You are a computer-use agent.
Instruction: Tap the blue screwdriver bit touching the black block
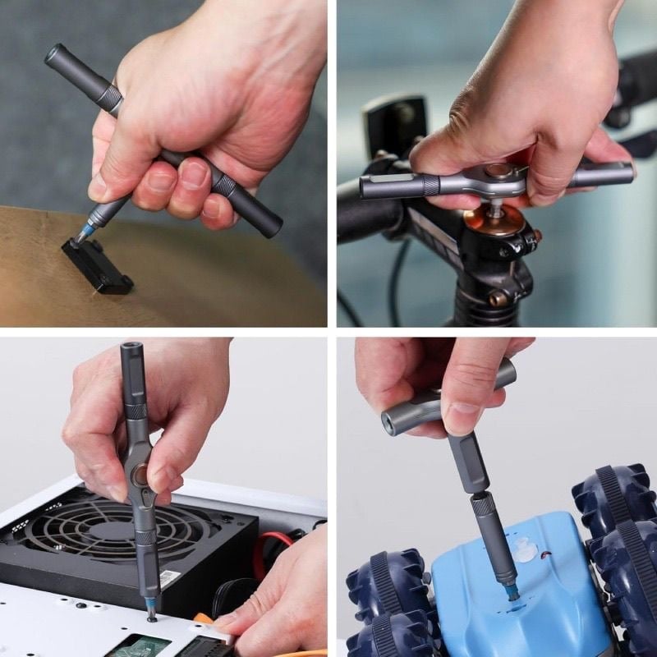coord(84,233)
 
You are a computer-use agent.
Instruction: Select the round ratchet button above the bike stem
coord(495,172)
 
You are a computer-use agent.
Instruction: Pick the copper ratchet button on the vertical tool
coord(142,474)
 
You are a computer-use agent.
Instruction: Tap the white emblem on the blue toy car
coord(523,550)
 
